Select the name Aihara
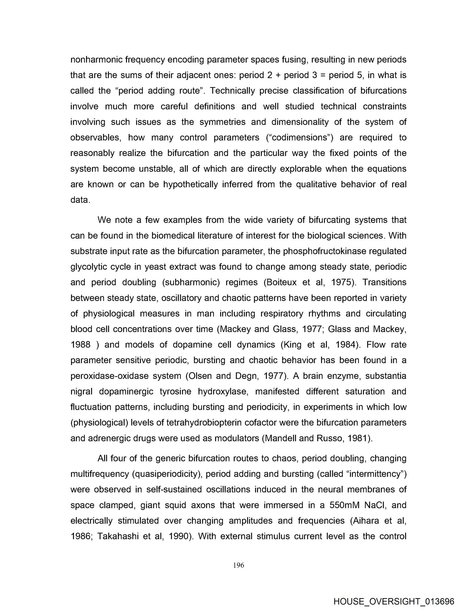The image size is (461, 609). [366, 521]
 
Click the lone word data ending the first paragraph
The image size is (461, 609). [79, 200]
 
